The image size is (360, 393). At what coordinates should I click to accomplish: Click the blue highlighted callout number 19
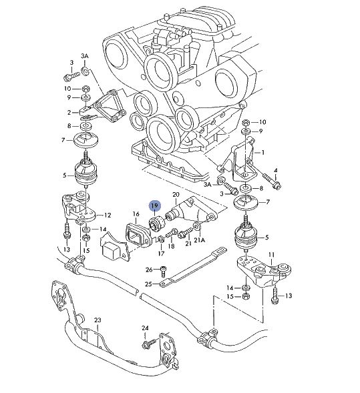(x=155, y=207)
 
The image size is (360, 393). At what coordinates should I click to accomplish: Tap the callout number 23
(x=98, y=321)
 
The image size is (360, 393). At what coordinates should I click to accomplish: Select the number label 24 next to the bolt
(x=144, y=328)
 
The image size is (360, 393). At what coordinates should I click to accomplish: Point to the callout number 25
(x=148, y=284)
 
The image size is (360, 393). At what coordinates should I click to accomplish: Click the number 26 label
(x=148, y=270)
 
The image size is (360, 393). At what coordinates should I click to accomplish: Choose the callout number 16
(x=135, y=214)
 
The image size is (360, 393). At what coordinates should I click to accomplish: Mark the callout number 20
(x=176, y=195)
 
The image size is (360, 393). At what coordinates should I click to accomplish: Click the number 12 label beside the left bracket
(x=108, y=215)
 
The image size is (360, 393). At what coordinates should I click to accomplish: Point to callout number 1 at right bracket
(x=262, y=152)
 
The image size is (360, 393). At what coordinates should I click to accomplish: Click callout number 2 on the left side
(x=68, y=113)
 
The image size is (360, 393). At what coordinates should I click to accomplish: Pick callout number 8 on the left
(x=68, y=125)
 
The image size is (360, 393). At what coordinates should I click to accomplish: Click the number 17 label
(x=160, y=254)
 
